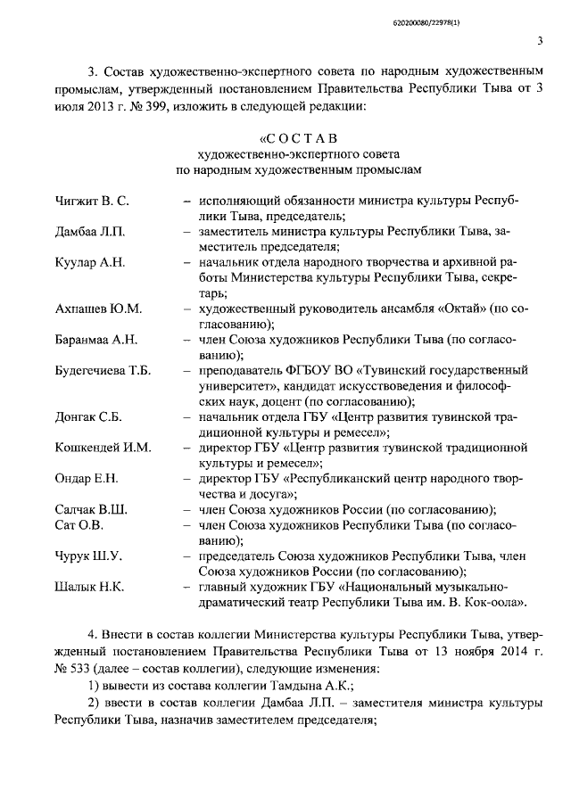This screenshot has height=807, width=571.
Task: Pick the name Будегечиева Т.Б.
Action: coord(103,370)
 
